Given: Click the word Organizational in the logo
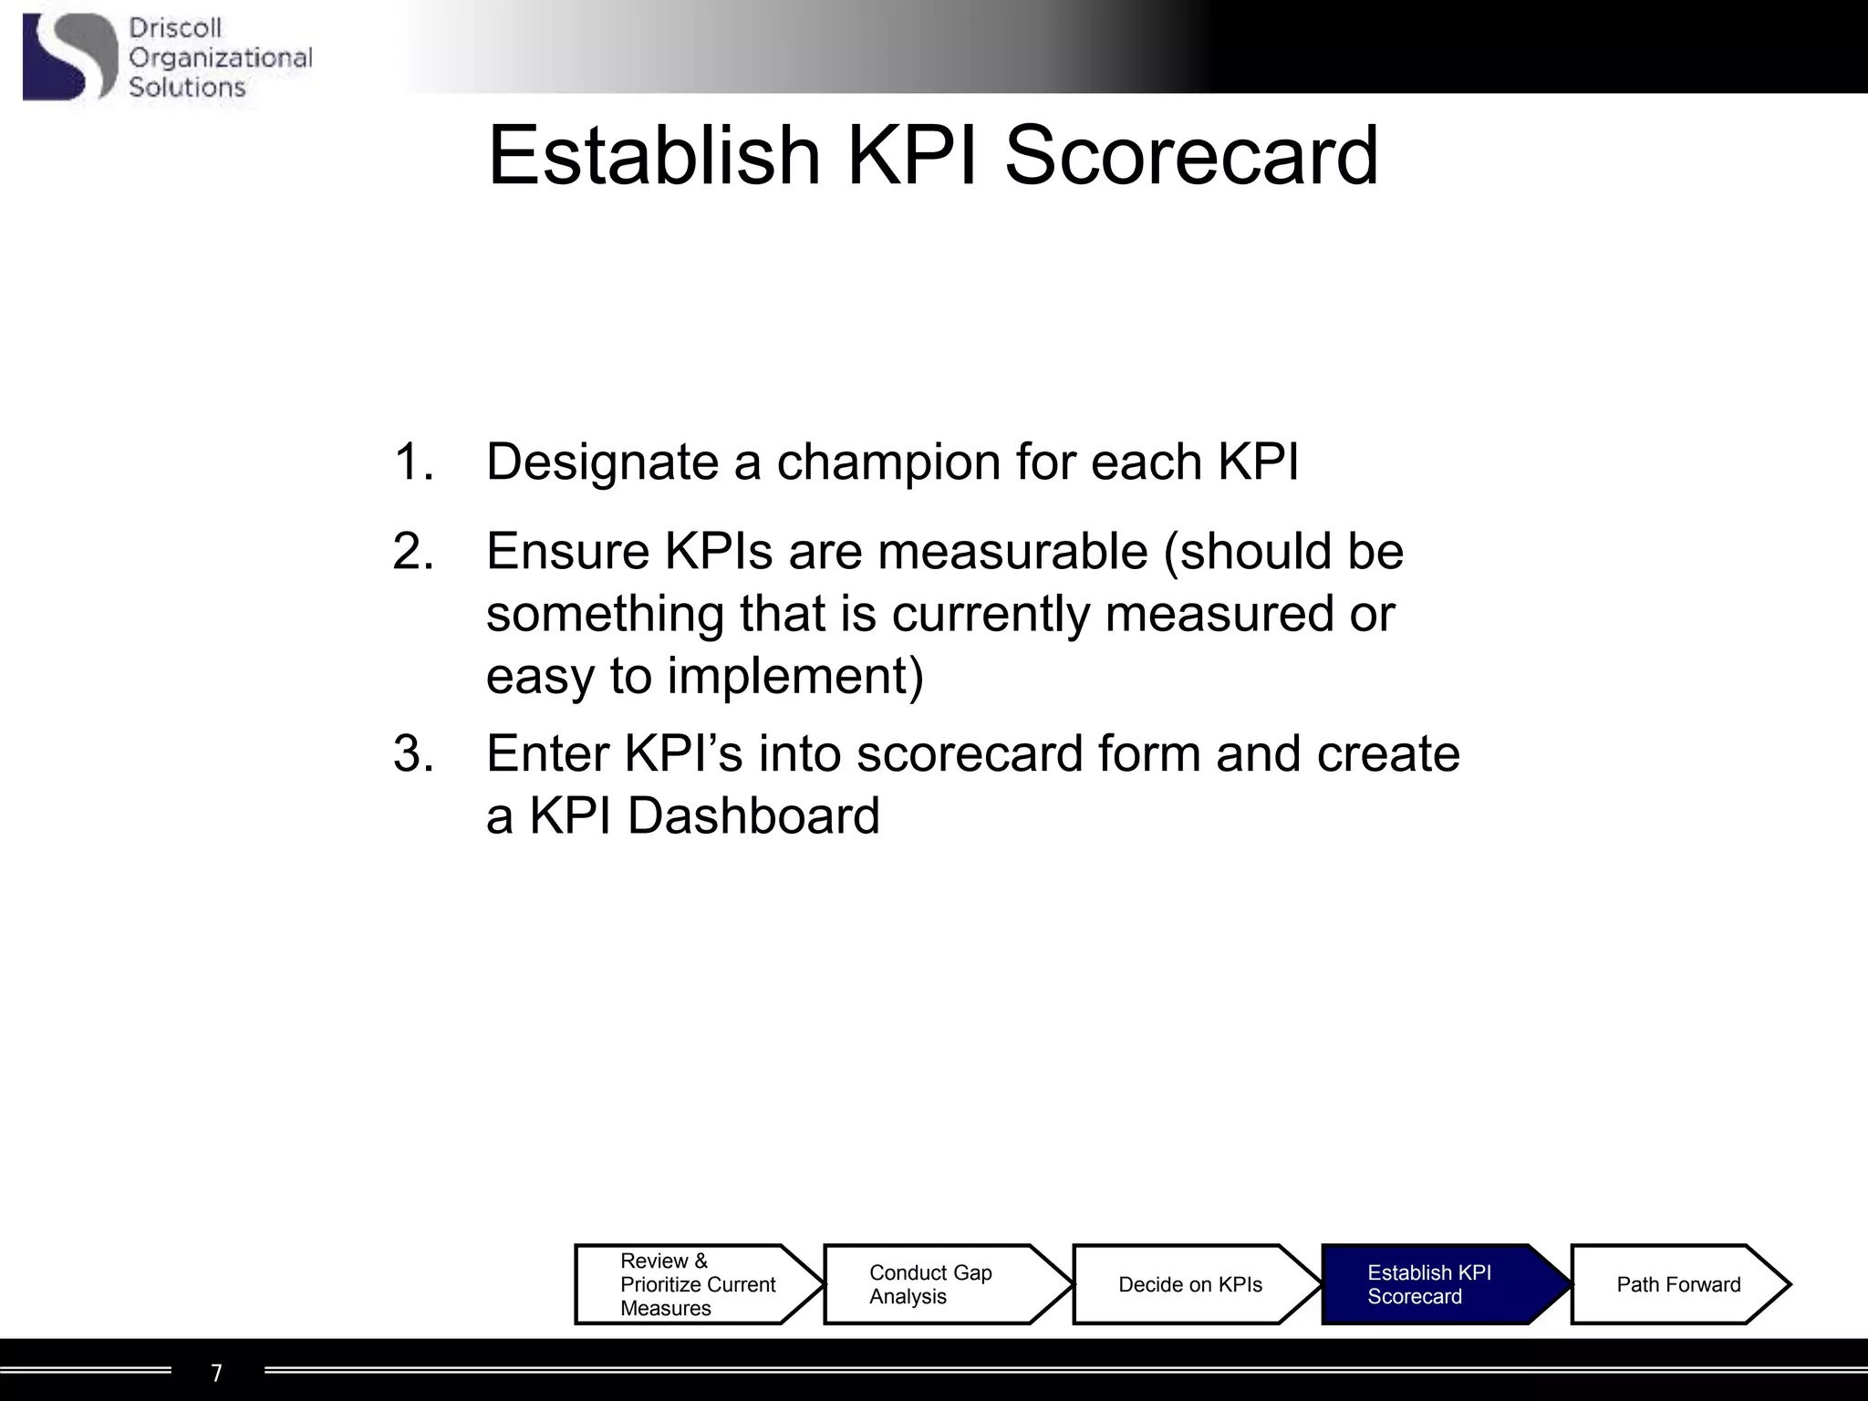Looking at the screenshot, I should [x=220, y=58].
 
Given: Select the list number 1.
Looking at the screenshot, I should [x=412, y=462].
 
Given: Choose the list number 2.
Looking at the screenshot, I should [x=412, y=552].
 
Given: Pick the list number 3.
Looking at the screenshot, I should [x=412, y=754].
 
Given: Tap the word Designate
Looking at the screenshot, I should [x=602, y=462].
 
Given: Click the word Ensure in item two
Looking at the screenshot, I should [x=566, y=552].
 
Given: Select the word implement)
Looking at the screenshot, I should [x=794, y=677].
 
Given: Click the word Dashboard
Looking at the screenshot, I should [x=753, y=815].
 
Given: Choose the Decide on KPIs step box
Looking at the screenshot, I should [x=1190, y=1284].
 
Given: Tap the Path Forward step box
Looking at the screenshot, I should [x=1678, y=1284].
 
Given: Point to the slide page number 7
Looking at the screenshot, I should [x=216, y=1373].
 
